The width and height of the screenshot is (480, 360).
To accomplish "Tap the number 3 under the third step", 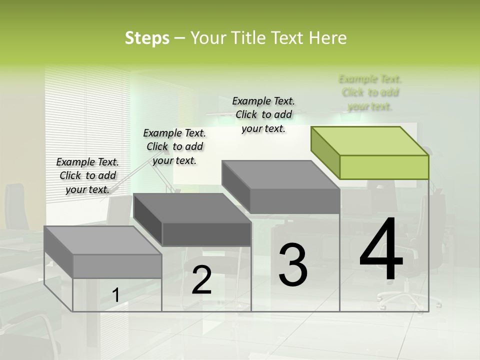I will (x=293, y=265).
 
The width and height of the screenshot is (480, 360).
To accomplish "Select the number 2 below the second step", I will (x=202, y=280).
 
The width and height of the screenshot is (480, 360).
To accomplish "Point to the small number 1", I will (x=115, y=295).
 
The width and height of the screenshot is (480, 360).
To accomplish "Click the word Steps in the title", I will (x=147, y=38).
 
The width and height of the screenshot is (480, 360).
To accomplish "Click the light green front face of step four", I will (x=384, y=167).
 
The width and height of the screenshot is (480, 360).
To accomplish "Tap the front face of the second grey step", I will (x=206, y=234).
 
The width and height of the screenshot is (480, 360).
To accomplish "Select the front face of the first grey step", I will (x=117, y=266).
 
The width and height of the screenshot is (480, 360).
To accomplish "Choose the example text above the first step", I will (x=87, y=175).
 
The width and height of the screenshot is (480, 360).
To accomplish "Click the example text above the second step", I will (x=174, y=146).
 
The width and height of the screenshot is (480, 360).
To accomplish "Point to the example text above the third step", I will (x=263, y=114).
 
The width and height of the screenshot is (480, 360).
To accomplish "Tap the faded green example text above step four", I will (x=370, y=92).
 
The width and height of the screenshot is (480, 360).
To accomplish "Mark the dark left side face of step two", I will (x=148, y=220).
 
